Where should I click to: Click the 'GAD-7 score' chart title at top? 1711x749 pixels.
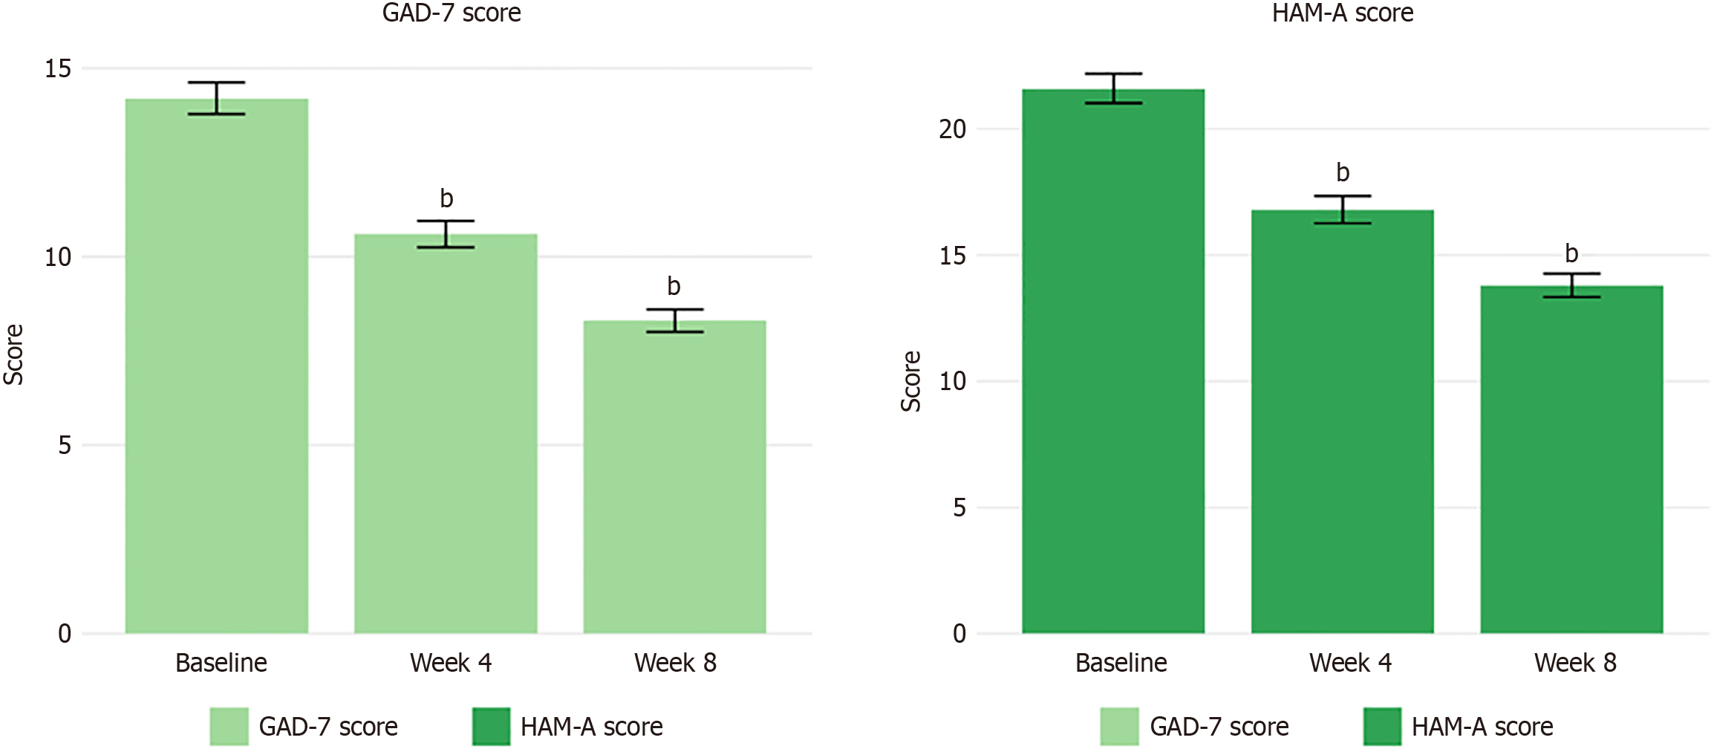point(452,13)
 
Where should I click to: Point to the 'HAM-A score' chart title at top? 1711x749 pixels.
point(1343,13)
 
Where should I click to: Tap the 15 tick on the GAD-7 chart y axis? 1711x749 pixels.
point(58,69)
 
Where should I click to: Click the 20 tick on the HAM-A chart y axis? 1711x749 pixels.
point(953,129)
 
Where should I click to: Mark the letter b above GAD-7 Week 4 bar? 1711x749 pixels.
point(446,198)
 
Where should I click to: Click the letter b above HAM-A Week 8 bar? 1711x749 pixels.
point(1571,253)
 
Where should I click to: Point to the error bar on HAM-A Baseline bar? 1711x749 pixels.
point(1113,88)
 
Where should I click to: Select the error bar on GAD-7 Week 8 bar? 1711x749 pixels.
point(674,320)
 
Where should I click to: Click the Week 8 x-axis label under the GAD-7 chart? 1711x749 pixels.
point(675,663)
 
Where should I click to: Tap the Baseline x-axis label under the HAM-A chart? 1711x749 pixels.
point(1121,663)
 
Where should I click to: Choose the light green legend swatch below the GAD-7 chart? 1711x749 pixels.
point(229,726)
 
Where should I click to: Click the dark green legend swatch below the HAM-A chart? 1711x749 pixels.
point(1382,726)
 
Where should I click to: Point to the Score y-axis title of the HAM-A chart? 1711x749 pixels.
point(910,381)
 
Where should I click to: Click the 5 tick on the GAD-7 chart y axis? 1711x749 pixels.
point(65,446)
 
